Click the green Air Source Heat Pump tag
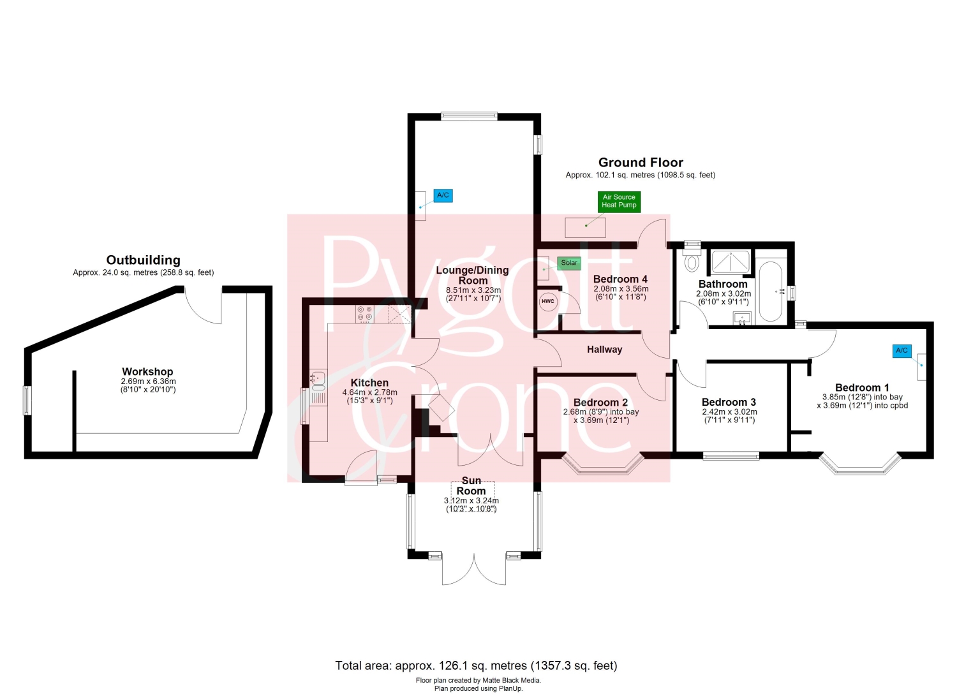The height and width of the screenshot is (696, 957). (x=619, y=202)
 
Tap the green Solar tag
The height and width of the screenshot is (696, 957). (x=568, y=263)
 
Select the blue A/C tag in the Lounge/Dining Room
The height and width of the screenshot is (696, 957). (x=443, y=196)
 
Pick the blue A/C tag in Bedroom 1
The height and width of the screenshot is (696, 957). (x=902, y=352)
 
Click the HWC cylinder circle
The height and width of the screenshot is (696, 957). (x=547, y=302)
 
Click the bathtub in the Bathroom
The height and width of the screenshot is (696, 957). (x=771, y=292)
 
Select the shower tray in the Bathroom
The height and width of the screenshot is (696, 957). (x=731, y=262)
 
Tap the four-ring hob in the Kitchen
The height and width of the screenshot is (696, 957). (x=365, y=313)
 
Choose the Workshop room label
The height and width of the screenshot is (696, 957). (x=147, y=372)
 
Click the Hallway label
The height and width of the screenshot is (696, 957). (x=605, y=350)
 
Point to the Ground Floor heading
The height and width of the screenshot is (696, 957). (x=641, y=163)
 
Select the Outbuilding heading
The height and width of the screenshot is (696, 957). (x=143, y=260)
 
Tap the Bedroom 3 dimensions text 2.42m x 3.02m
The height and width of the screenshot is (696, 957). (x=729, y=412)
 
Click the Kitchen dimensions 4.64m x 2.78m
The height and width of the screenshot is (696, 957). (x=369, y=392)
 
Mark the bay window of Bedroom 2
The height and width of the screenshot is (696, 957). (x=602, y=465)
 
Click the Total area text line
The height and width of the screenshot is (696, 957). (x=476, y=665)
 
